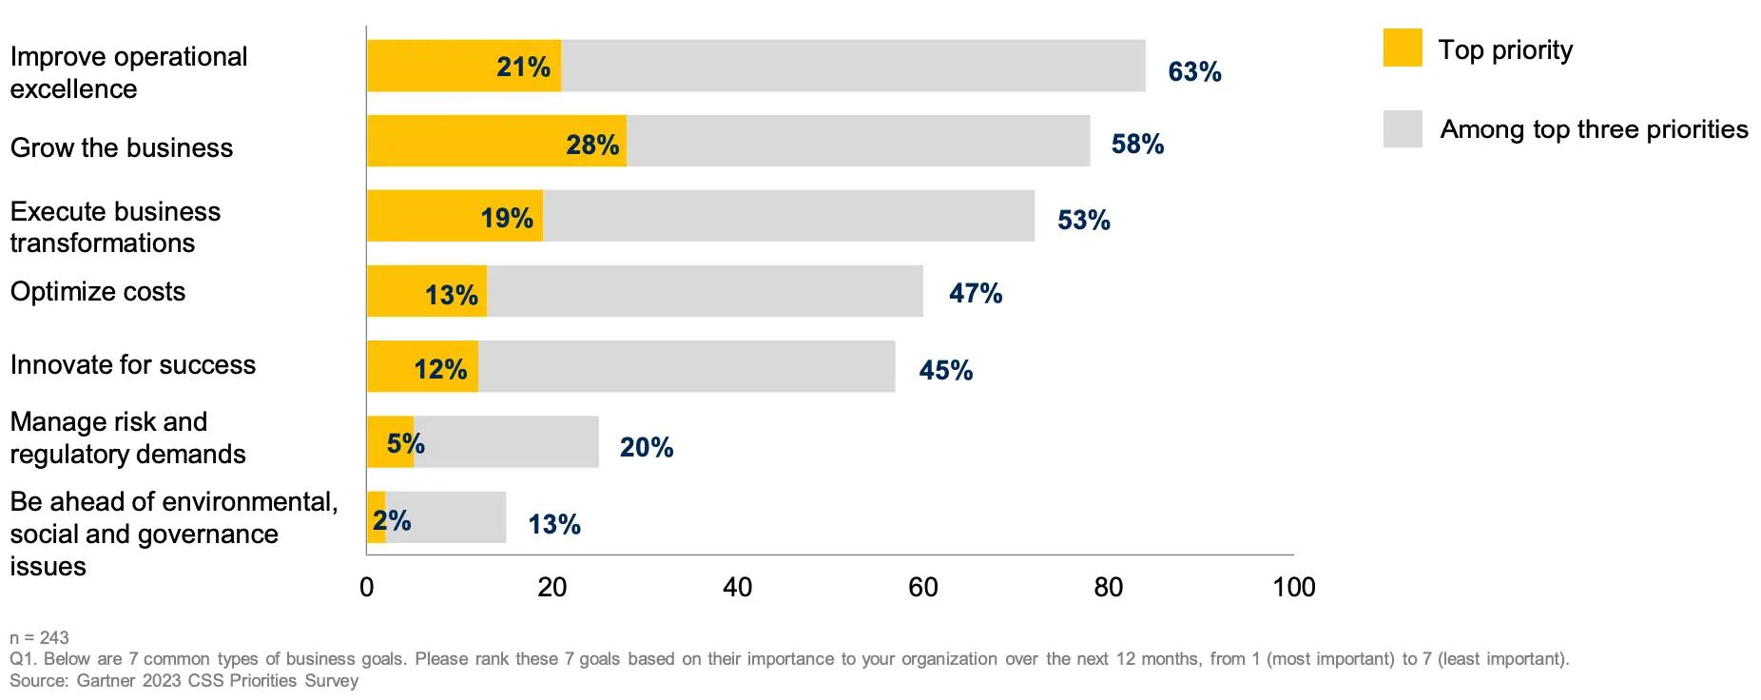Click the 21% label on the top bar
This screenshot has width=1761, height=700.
(x=523, y=68)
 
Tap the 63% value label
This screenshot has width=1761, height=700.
(x=1194, y=72)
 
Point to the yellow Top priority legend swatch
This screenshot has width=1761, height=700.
(x=1403, y=48)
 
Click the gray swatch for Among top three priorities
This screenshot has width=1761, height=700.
(x=1403, y=128)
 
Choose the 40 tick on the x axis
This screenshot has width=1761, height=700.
(x=737, y=588)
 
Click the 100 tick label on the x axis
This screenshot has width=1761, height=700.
(x=1293, y=588)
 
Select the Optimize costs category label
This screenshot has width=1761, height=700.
(x=98, y=292)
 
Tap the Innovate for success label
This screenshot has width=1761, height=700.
(x=133, y=365)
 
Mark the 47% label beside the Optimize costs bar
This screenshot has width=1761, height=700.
(x=976, y=294)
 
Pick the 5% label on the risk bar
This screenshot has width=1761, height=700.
(x=405, y=444)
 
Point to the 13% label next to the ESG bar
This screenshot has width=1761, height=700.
(x=554, y=525)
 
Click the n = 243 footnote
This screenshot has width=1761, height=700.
(x=39, y=638)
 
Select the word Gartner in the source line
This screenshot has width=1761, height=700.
(x=106, y=681)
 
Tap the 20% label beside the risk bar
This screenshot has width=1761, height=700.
(x=647, y=448)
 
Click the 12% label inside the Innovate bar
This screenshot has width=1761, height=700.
(x=440, y=370)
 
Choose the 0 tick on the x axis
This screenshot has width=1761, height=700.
(x=367, y=588)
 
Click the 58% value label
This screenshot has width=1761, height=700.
(x=1137, y=145)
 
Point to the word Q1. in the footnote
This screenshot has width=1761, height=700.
(x=24, y=659)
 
